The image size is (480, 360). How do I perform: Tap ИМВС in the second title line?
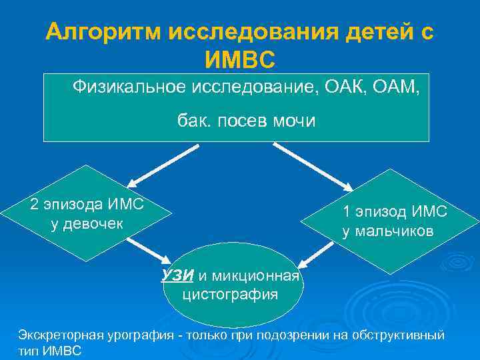coord(240,61)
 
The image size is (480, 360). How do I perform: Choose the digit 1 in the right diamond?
coord(347,212)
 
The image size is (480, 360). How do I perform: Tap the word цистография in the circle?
coord(230,294)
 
